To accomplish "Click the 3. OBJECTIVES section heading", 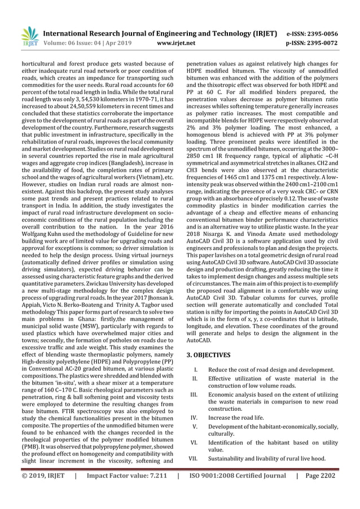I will pyautogui.click(x=208, y=355).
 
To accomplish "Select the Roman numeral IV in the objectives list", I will pyautogui.click(x=194, y=418).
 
